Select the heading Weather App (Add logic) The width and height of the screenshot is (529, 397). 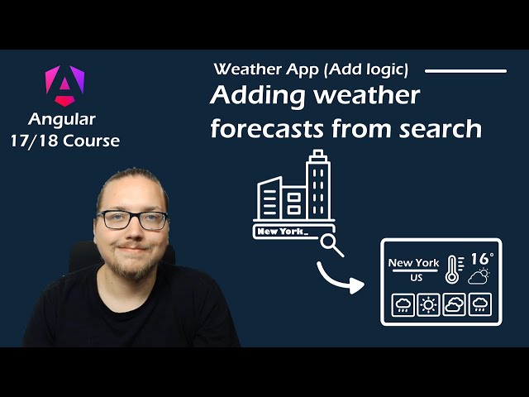click(x=310, y=69)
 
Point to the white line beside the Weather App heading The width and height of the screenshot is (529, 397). click(x=465, y=71)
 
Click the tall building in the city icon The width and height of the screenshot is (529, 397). click(x=317, y=185)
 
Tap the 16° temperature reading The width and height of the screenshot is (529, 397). click(x=483, y=259)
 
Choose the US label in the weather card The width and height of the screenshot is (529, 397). click(x=416, y=278)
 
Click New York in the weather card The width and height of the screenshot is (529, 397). click(x=414, y=263)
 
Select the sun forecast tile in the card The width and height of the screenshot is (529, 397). click(x=429, y=304)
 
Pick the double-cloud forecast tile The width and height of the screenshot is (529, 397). click(x=455, y=304)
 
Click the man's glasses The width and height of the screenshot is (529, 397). click(x=132, y=220)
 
